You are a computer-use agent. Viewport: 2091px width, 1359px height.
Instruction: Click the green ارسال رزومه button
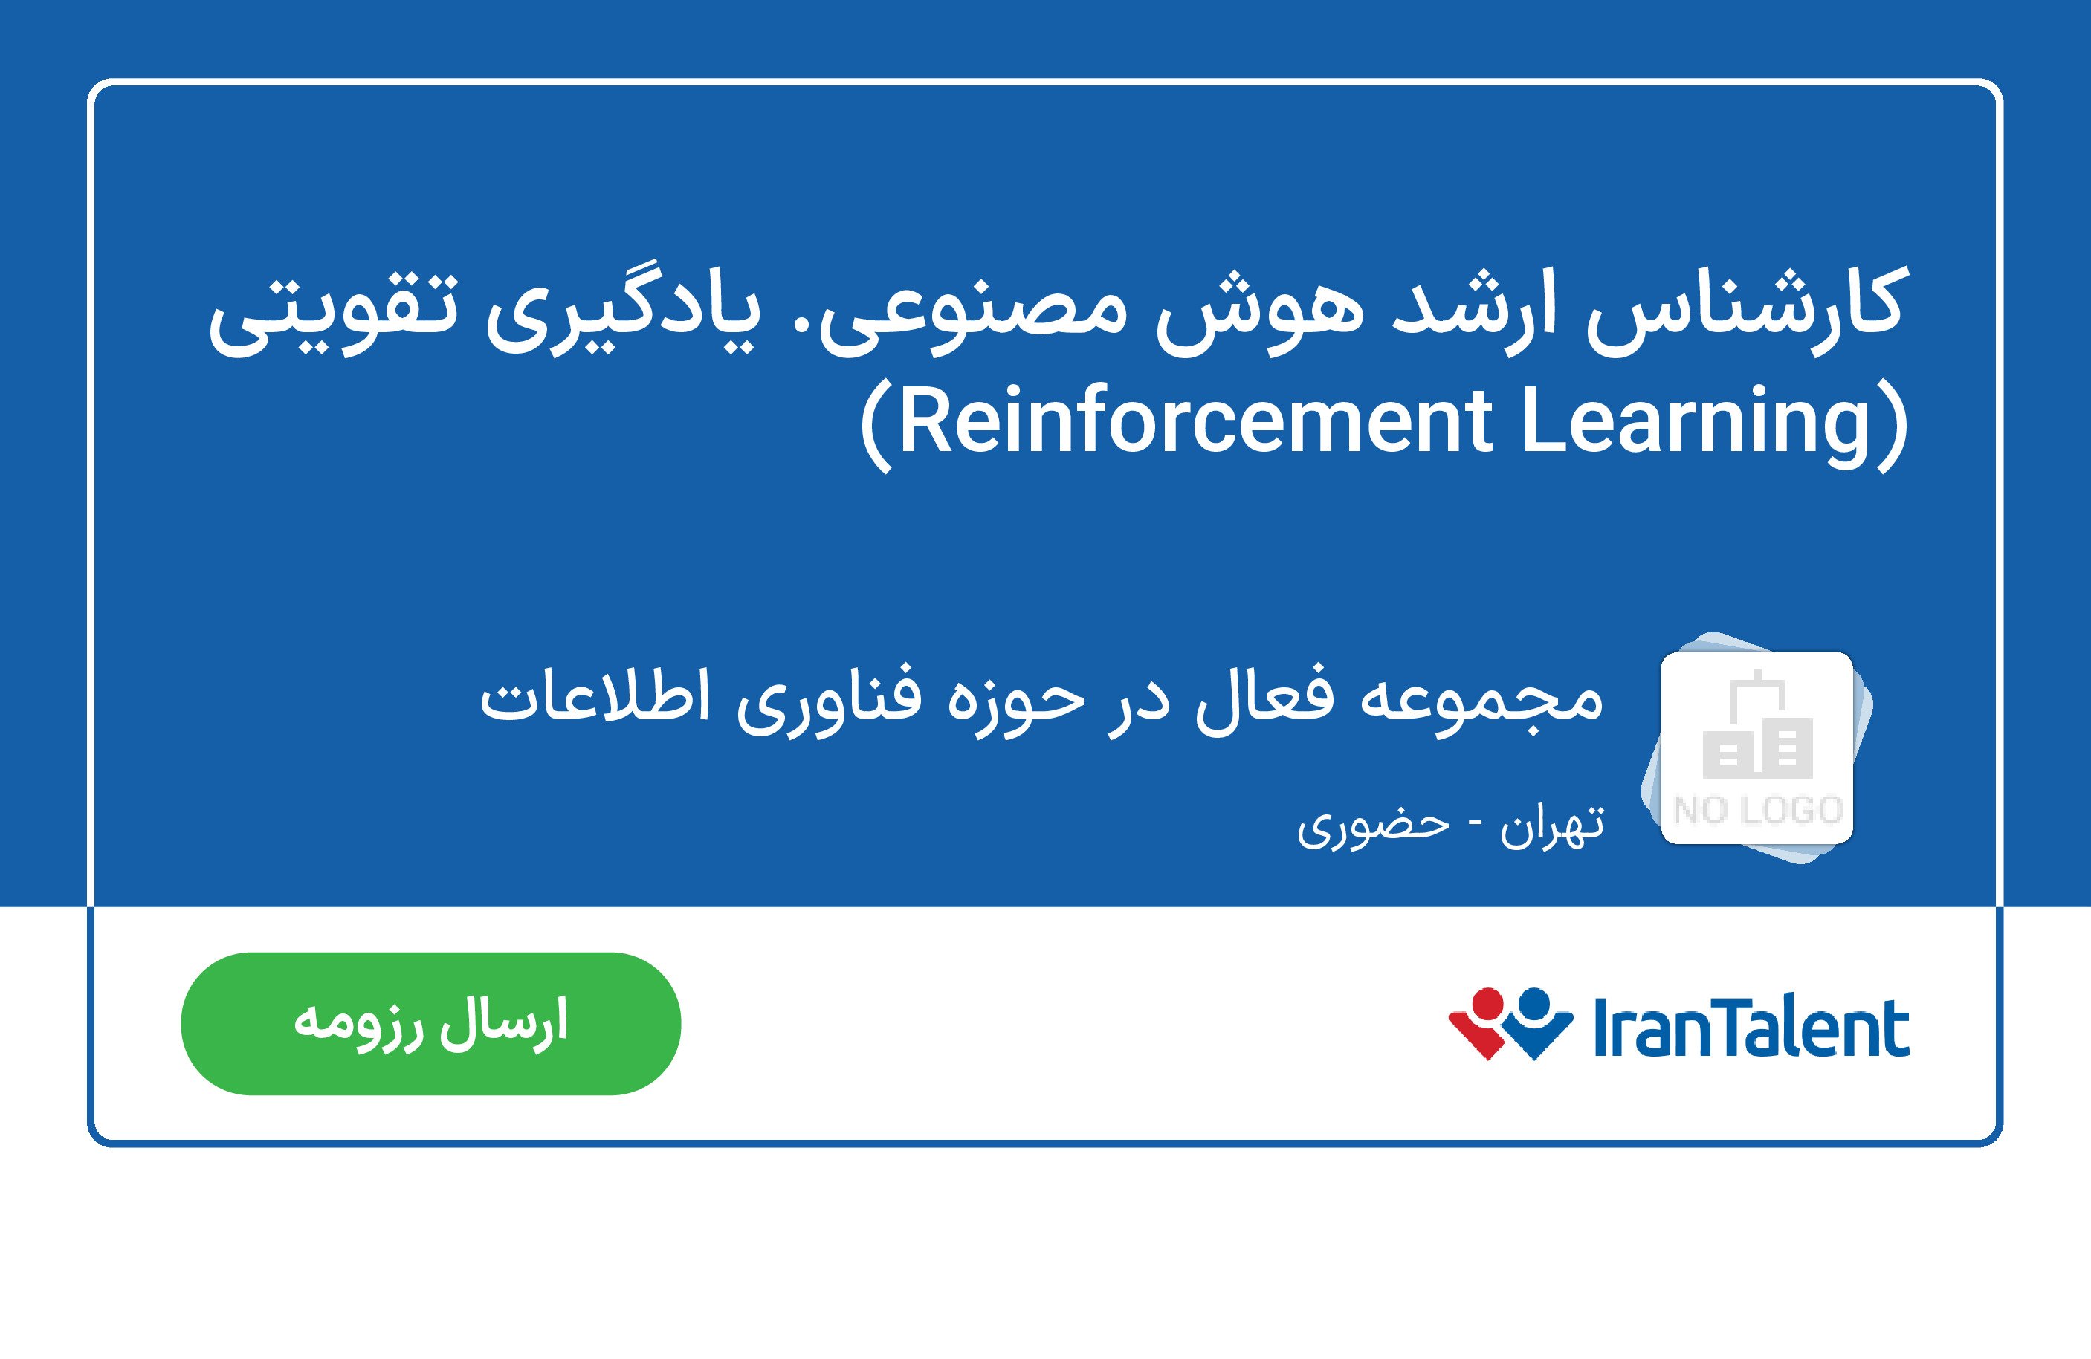point(430,1023)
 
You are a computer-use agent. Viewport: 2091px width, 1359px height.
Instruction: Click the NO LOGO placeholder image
point(1757,747)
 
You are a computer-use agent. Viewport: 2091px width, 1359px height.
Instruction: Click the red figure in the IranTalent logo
point(1484,1023)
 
